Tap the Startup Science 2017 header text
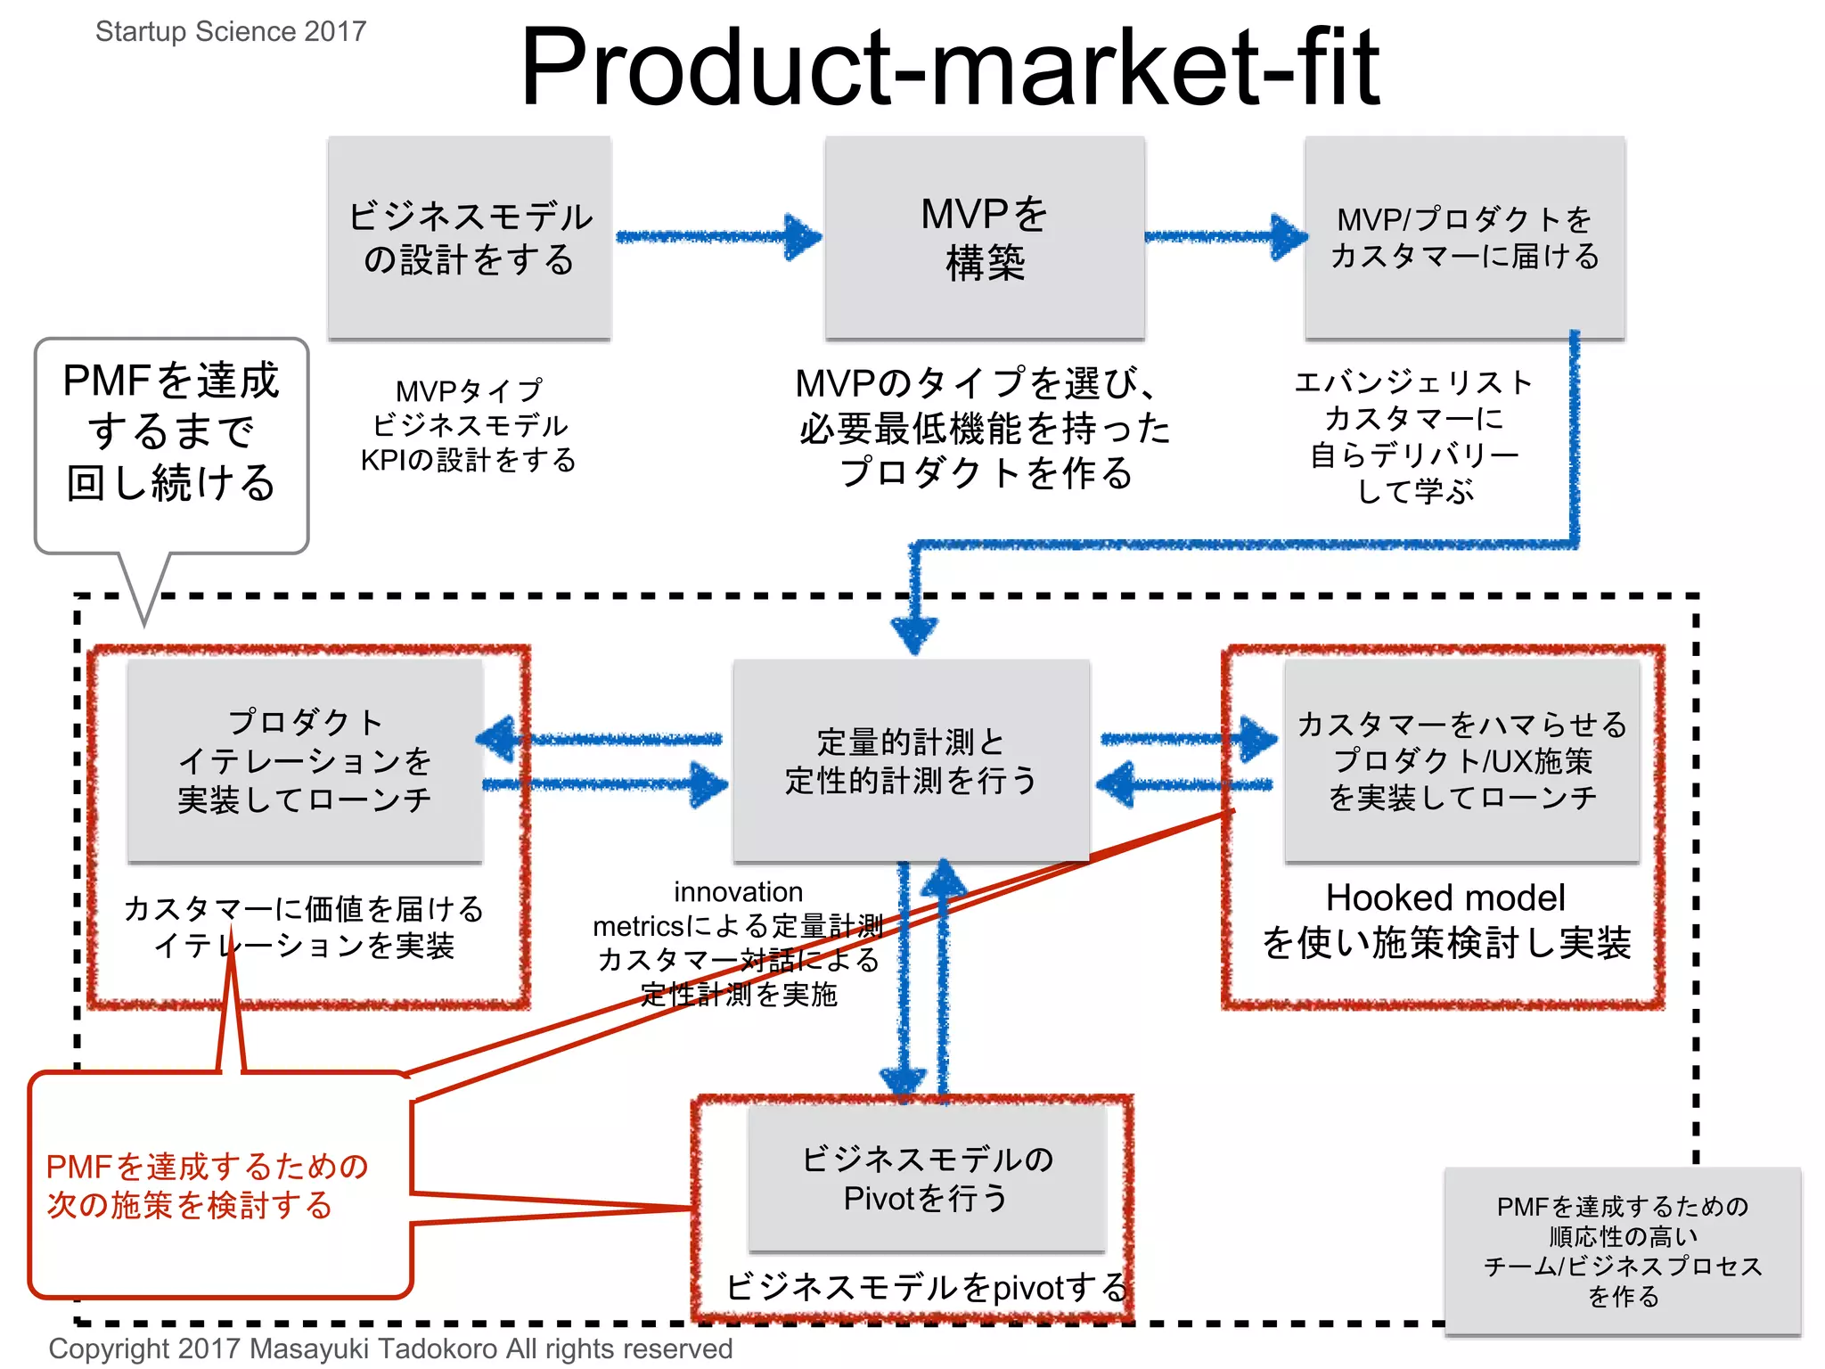click(231, 31)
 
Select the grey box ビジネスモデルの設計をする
click(470, 237)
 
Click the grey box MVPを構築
click(985, 237)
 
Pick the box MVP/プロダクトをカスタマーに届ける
click(1464, 237)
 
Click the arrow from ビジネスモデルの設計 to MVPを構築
click(717, 237)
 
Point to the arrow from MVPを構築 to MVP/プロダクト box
click(1225, 237)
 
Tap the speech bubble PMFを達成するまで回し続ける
click(171, 432)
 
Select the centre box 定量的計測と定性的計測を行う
click(911, 760)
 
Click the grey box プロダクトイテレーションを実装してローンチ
click(305, 760)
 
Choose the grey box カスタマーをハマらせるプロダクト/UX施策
click(1461, 760)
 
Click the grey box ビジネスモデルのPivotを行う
click(927, 1178)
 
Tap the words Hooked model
click(1444, 898)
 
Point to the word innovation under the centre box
click(738, 891)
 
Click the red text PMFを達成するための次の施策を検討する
click(207, 1185)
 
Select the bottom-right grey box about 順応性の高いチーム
click(1622, 1250)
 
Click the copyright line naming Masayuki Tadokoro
click(390, 1349)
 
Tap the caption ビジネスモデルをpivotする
click(927, 1287)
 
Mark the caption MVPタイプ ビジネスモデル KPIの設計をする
click(469, 425)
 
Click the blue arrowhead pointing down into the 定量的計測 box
click(913, 635)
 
